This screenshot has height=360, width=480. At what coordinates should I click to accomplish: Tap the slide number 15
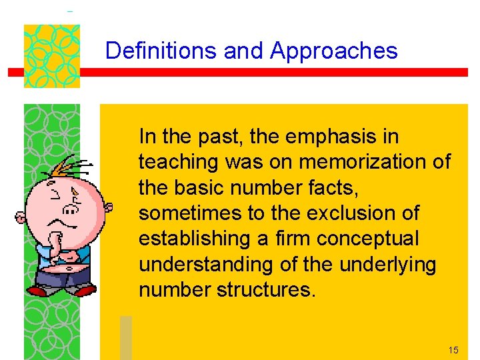tap(453, 349)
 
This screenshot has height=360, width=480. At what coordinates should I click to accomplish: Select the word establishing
tap(190, 239)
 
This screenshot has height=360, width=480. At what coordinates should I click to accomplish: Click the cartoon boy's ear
tap(21, 217)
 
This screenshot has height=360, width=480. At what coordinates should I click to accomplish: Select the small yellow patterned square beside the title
tap(52, 56)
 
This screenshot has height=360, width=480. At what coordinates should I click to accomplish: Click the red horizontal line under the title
tap(267, 72)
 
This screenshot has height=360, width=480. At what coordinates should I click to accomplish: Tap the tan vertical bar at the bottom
tap(126, 337)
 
